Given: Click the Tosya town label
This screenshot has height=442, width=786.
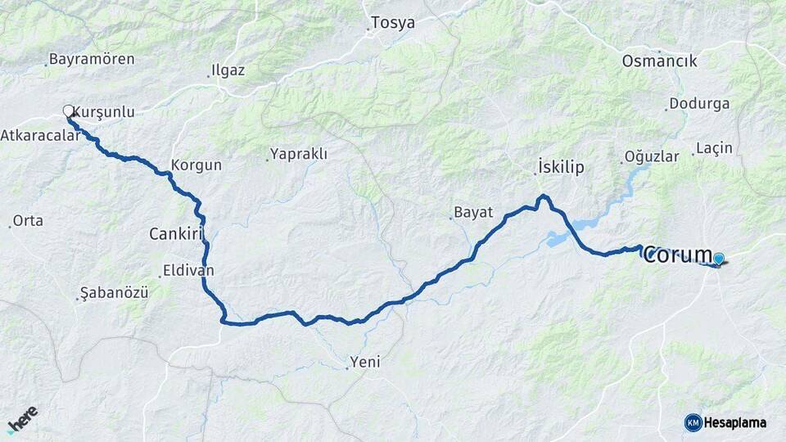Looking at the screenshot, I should [393, 23].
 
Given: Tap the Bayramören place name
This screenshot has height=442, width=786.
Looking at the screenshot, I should [92, 59].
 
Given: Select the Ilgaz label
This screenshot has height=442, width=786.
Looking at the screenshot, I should [228, 70].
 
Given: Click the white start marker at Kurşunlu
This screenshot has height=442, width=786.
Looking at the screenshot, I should [69, 110].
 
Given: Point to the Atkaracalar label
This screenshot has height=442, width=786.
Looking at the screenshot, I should [41, 135].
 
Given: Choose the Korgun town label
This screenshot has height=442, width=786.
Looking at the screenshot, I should [196, 165].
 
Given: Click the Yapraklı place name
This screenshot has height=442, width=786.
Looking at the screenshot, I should [299, 154].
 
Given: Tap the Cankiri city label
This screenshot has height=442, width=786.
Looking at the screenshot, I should [175, 234].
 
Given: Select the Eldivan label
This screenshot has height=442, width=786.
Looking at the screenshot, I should [188, 269].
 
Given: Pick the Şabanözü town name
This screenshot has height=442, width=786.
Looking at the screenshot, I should [114, 292].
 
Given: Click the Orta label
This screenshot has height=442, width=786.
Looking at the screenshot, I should [28, 221].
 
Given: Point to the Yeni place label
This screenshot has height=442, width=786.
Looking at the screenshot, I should [364, 361].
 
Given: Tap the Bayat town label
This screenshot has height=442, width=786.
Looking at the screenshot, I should [473, 212].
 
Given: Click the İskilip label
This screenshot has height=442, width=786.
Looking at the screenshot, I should [561, 167].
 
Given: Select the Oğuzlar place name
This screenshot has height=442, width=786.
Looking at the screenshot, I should [652, 156].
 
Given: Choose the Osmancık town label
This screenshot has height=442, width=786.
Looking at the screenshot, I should [659, 61].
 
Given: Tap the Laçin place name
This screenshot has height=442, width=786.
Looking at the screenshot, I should [714, 148].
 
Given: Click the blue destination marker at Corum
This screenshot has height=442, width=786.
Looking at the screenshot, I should [719, 259].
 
